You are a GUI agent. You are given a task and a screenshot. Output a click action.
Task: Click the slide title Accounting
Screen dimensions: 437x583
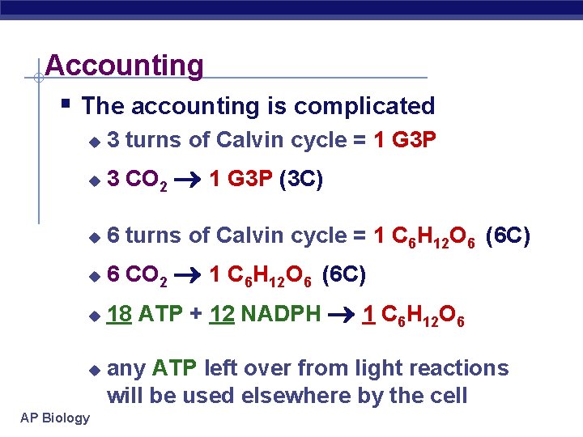coord(124,65)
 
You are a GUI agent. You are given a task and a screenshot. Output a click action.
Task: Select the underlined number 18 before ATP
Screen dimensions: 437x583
coord(120,313)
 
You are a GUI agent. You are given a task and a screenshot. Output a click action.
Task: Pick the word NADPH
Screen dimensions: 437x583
coord(281,313)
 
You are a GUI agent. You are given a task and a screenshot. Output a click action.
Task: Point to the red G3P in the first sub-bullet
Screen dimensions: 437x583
coord(414,140)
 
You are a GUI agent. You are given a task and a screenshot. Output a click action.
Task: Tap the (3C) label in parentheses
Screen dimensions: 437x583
coord(301,180)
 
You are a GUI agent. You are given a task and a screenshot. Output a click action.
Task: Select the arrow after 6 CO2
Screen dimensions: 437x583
coord(187,277)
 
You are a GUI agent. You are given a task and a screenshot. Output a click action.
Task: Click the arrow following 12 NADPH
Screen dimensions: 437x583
coord(340,314)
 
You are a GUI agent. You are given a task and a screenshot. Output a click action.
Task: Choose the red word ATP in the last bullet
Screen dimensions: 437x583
coord(174,368)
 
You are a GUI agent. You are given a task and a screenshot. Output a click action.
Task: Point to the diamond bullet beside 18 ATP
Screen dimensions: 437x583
coord(94,315)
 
